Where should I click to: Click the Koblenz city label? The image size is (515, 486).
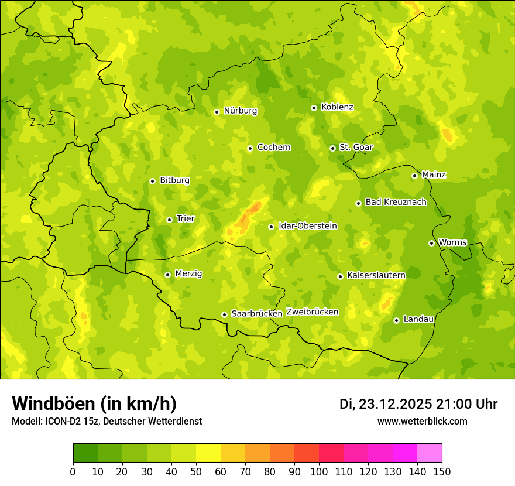pos(337,107)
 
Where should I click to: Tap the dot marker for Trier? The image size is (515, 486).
pos(170,220)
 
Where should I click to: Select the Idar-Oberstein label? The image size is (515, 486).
pos(308,226)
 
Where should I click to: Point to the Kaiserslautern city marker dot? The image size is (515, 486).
pos(341,276)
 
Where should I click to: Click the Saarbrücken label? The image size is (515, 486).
pos(257,314)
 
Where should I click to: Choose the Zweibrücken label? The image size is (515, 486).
pos(312,312)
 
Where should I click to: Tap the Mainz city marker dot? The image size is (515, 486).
pos(415,176)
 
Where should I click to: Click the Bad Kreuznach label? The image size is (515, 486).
pos(396,203)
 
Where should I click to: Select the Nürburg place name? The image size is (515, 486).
pos(240,111)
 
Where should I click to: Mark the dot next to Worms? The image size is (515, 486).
pos(432,243)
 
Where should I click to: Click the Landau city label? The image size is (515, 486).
pos(418,319)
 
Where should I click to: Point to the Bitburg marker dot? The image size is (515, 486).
pos(153,181)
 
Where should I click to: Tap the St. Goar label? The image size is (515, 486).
pos(356,148)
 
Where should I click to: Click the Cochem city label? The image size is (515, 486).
pos(274,148)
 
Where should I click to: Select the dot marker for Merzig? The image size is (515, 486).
pos(168,275)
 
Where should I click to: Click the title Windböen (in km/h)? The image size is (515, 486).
pos(94,404)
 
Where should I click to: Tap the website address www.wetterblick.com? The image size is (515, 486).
pos(422,422)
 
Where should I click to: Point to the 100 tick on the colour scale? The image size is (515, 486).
pos(319,471)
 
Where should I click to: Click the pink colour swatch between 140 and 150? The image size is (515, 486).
pos(430,453)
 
